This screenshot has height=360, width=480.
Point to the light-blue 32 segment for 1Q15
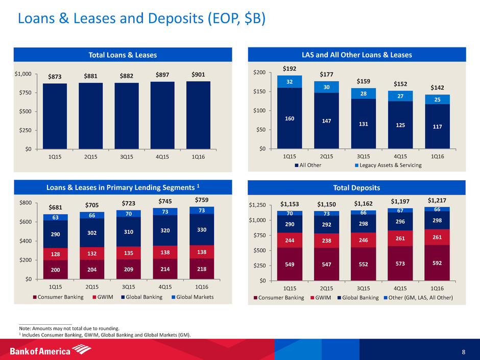290,82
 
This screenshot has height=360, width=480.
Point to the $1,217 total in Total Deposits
437,200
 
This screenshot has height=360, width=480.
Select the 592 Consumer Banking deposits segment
437,262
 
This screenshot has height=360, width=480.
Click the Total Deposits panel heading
357,188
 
